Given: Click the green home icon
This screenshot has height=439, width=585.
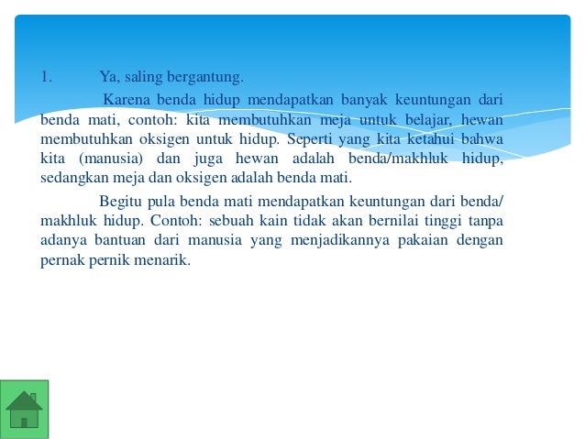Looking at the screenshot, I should click(25, 409).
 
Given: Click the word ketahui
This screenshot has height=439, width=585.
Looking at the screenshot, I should click(436, 138).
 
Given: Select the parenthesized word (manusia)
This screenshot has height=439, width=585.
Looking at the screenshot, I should click(100, 159).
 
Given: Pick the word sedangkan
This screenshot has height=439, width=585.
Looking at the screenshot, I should click(75, 178).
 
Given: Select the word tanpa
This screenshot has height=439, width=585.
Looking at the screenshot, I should click(485, 221).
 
